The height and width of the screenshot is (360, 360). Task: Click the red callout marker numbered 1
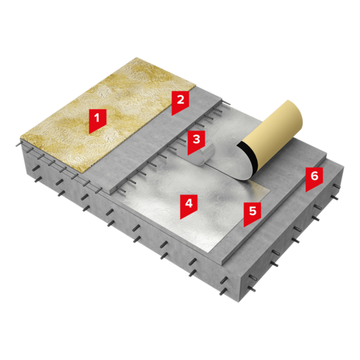97,120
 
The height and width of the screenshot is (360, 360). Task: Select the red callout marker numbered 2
180,102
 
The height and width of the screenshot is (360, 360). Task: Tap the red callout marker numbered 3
197,142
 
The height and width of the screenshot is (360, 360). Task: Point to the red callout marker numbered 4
189,206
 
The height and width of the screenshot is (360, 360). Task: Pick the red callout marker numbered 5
253,213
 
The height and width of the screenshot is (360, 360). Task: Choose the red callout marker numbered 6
314,179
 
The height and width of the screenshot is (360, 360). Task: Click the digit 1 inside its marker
97,118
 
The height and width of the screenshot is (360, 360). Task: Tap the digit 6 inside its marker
315,176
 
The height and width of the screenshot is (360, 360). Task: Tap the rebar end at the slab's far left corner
18,145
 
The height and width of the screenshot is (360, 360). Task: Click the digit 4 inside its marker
189,203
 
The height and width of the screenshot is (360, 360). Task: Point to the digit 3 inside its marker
197,139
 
